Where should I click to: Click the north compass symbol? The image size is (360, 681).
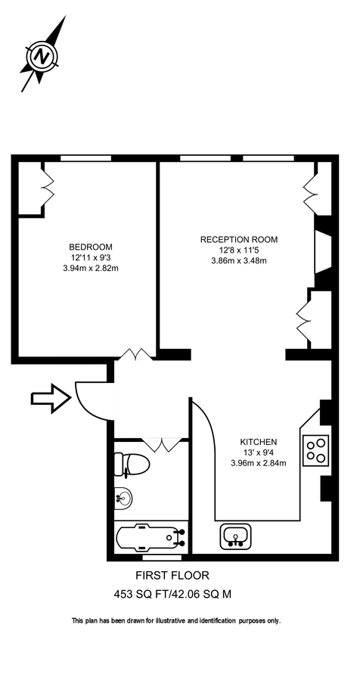(x=44, y=55)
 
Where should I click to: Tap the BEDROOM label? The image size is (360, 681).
(x=91, y=247)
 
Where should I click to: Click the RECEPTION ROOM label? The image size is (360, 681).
(x=238, y=239)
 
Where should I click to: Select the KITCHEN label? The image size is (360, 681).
(x=259, y=442)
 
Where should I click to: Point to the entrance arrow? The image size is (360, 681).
(x=49, y=396)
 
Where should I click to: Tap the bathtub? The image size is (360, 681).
(x=149, y=540)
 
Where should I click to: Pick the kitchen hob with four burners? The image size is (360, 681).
(x=316, y=450)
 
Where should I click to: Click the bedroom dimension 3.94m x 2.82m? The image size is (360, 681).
(x=91, y=268)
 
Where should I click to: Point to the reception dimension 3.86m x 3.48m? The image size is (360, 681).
(x=238, y=261)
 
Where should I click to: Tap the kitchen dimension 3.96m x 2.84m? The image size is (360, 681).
(x=259, y=463)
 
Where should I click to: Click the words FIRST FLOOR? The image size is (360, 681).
(x=172, y=576)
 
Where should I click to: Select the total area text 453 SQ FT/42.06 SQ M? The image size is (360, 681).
(x=172, y=594)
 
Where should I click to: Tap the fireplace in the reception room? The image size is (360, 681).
(x=321, y=254)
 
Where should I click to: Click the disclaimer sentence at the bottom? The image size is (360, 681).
(x=175, y=620)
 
